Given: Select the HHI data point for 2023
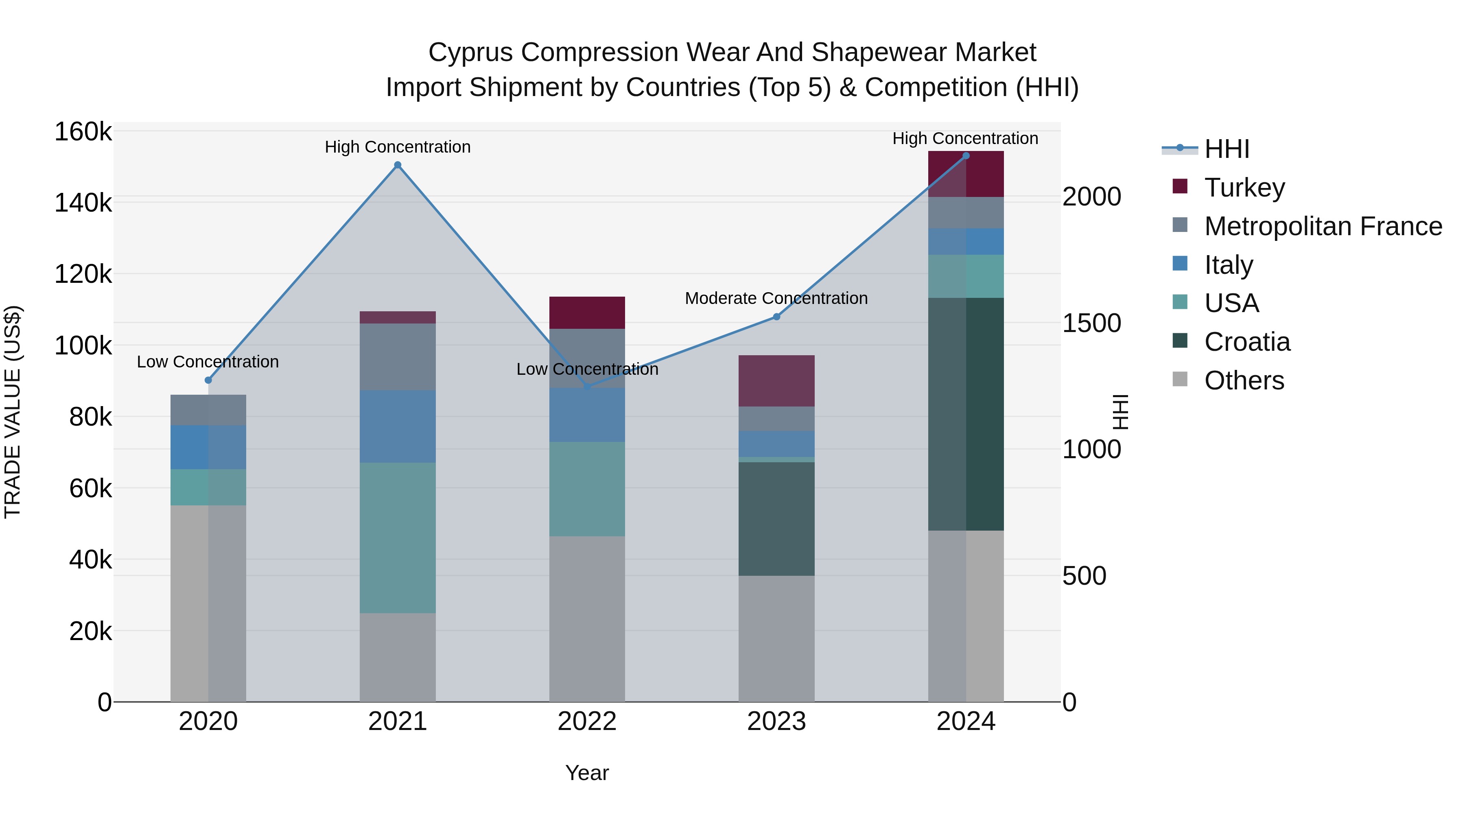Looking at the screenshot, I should [776, 317].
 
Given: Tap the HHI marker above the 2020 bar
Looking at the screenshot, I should [208, 380].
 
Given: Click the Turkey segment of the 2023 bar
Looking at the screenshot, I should [776, 381].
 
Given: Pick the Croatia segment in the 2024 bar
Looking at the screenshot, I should [966, 414].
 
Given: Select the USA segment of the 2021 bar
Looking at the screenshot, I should [398, 538].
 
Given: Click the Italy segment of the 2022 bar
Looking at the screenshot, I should [587, 415].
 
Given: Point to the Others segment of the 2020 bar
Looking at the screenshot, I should [208, 603].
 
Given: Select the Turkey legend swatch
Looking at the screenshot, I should [1180, 186].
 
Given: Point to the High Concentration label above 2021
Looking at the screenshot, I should [398, 147].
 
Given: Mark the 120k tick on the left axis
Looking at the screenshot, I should [83, 275].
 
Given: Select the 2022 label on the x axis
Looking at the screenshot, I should [587, 721].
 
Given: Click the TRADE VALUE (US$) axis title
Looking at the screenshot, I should [13, 412].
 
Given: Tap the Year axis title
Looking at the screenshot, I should [587, 773].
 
